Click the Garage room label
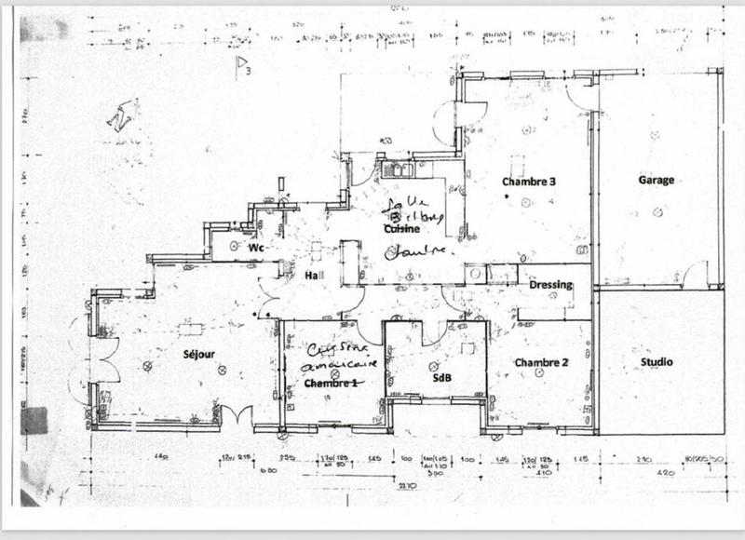point(656,180)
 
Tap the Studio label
point(657,361)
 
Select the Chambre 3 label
point(528,181)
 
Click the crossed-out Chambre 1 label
point(331,383)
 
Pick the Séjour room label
point(198,354)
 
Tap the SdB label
point(441,378)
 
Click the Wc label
point(256,249)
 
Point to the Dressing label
point(550,285)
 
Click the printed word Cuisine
point(399,228)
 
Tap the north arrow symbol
point(120,116)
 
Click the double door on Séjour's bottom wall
point(235,415)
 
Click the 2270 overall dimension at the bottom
point(403,485)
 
